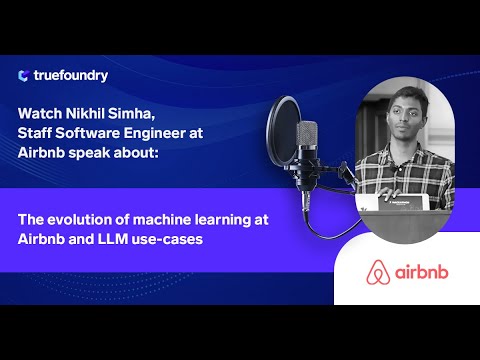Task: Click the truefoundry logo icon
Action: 23,75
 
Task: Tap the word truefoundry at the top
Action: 70,75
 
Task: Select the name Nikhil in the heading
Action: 95,112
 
